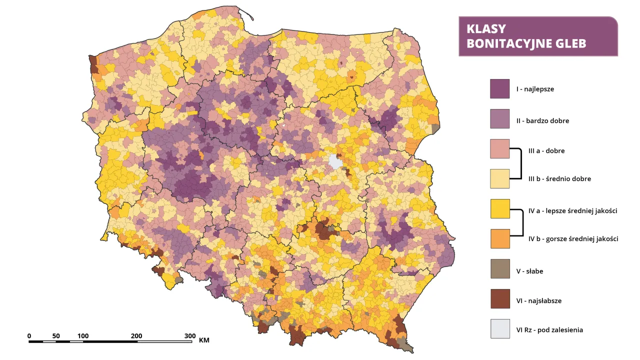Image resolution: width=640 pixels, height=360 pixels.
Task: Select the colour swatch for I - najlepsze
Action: point(499,89)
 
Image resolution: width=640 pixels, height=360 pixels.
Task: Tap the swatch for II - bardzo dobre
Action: point(499,119)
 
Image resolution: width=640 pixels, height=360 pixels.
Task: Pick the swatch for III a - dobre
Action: point(499,149)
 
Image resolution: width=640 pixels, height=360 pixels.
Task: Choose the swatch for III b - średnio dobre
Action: point(499,178)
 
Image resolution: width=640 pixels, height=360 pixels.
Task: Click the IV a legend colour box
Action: point(499,209)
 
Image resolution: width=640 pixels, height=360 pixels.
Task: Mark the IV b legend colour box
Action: point(499,238)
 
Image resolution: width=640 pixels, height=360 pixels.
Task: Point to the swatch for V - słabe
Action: point(499,269)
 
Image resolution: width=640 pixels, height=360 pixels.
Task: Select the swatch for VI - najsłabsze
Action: point(499,299)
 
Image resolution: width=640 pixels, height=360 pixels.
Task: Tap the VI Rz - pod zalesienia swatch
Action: point(499,329)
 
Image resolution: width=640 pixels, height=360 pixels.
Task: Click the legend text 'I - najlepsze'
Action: point(535,89)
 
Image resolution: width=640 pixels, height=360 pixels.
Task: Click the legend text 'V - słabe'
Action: point(529,271)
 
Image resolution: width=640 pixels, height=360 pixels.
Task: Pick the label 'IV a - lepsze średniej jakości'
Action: point(572,211)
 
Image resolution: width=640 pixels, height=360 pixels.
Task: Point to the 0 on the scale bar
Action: point(29,335)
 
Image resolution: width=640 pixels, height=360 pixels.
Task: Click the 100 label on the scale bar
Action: point(83,335)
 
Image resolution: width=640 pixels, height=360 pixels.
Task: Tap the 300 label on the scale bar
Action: point(189,335)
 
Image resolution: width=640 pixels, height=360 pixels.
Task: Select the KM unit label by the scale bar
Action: point(204,340)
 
